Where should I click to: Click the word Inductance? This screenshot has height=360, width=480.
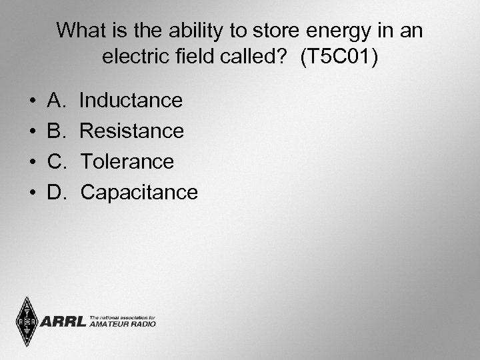[131, 101]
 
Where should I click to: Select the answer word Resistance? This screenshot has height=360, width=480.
[131, 131]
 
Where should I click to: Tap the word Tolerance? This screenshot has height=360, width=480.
[127, 162]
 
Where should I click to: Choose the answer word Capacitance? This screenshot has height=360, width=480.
[139, 193]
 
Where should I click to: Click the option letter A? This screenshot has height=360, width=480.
[55, 101]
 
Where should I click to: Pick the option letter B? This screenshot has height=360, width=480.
[55, 131]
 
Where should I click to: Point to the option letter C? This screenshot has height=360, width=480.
[56, 162]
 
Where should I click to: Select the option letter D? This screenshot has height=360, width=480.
[56, 193]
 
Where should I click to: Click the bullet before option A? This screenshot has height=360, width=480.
[33, 101]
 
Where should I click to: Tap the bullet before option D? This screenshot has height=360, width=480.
[33, 193]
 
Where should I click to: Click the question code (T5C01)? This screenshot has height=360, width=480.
[339, 57]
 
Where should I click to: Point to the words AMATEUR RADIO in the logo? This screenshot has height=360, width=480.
[122, 324]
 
